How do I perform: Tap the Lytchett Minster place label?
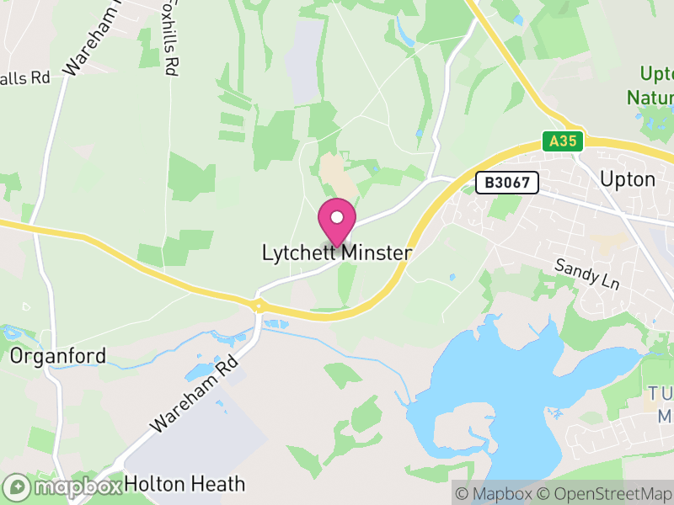click(x=337, y=252)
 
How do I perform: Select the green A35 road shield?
click(x=562, y=141)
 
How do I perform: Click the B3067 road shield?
click(x=506, y=183)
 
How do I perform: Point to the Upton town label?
click(x=627, y=179)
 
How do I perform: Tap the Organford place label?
click(x=58, y=356)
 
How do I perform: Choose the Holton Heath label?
click(x=185, y=484)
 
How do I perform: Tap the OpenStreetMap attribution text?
click(x=604, y=494)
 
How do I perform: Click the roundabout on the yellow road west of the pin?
click(x=258, y=305)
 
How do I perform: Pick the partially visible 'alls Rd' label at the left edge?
click(x=25, y=78)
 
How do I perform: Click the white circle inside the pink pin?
click(x=337, y=217)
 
